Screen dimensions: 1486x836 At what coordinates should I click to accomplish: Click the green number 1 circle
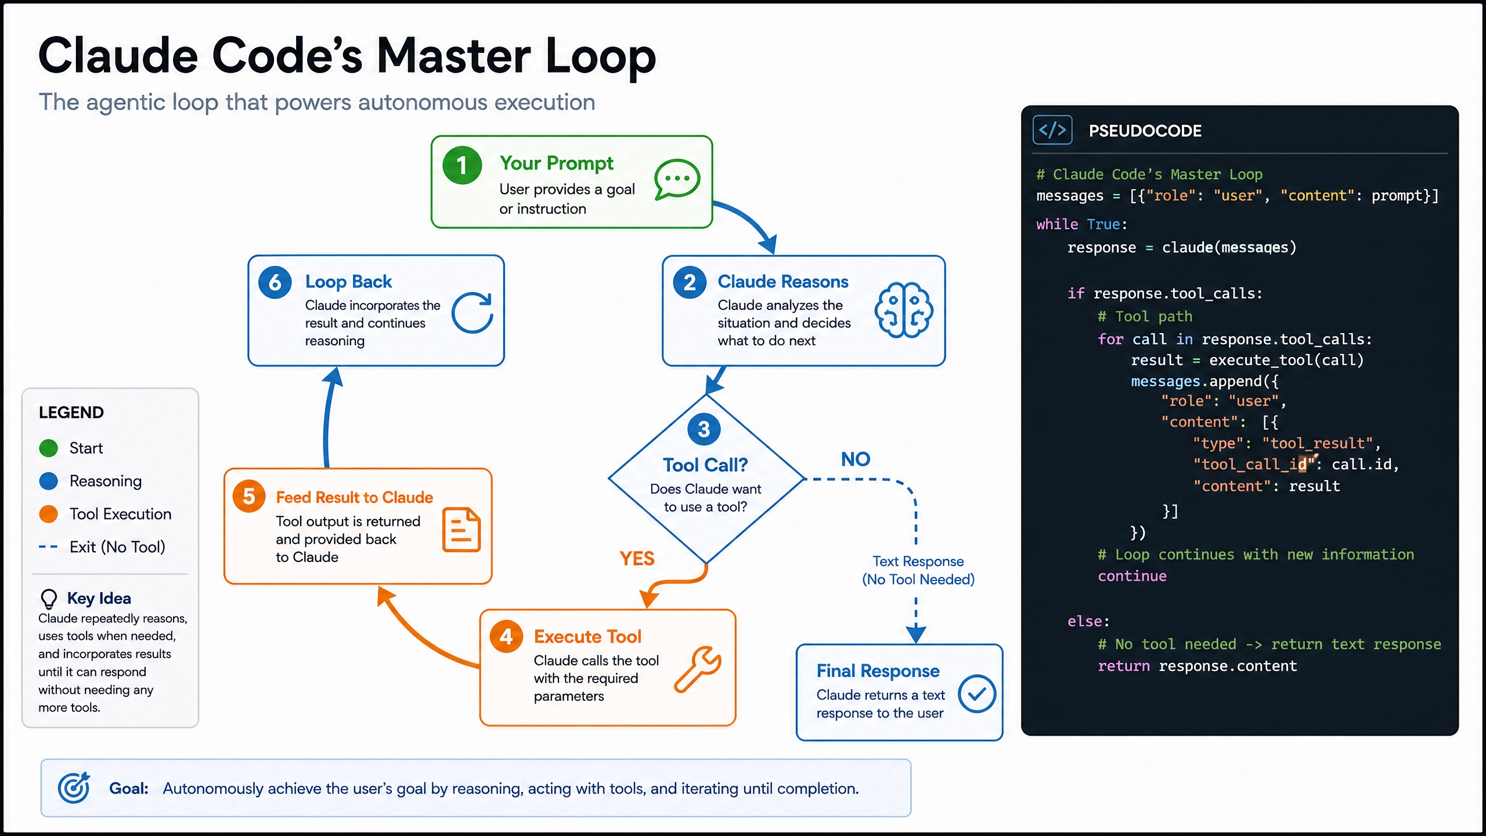coord(462,165)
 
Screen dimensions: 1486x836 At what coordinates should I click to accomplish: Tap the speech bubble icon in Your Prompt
coord(677,179)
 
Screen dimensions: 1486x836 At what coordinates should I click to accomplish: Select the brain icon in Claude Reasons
coord(904,310)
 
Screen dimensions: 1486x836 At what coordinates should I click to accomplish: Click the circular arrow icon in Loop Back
coord(473,312)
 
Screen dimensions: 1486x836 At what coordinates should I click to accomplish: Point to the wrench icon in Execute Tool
coord(698,669)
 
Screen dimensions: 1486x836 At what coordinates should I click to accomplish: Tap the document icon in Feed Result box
coord(461,529)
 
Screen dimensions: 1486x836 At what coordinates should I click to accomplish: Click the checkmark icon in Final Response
coord(977,694)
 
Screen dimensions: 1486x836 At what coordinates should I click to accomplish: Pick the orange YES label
coord(637,558)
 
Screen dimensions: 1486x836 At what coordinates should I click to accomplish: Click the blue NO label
coord(856,459)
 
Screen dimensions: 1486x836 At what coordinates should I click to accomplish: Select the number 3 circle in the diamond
coord(704,429)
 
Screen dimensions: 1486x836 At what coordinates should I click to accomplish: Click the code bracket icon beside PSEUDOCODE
coord(1052,130)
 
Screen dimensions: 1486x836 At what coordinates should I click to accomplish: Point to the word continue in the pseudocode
coord(1132,576)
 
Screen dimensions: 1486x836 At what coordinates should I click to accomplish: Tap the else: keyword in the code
coord(1088,621)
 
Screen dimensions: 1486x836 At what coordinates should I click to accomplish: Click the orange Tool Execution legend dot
coord(49,514)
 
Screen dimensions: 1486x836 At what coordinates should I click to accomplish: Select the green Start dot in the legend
coord(49,448)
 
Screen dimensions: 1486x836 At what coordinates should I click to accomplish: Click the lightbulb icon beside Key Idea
coord(49,599)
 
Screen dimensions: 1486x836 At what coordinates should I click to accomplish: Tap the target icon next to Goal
coord(74,788)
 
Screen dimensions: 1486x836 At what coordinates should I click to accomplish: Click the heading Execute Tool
coord(587,637)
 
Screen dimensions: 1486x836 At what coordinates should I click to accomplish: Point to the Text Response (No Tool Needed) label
coord(918,570)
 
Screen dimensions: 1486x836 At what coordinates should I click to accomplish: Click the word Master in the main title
coord(453,56)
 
